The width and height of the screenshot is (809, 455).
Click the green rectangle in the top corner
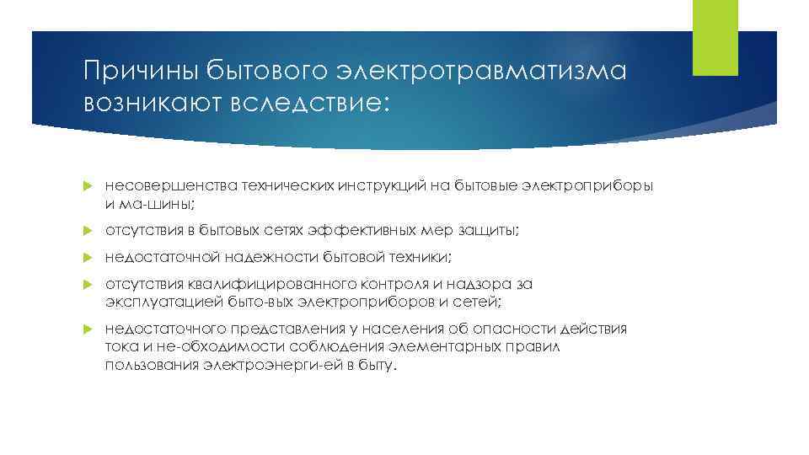(714, 38)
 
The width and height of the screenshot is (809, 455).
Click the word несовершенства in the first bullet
(154, 185)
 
